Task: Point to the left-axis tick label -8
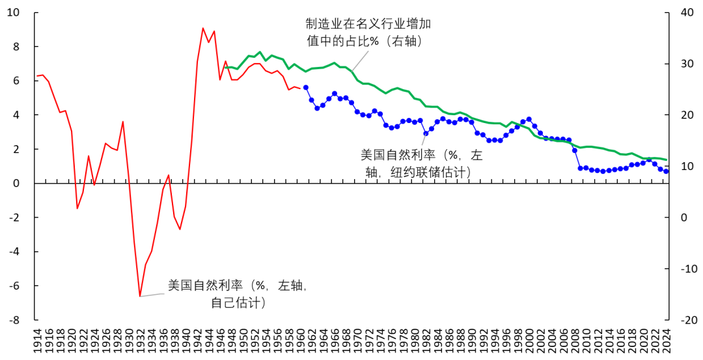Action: [14, 320]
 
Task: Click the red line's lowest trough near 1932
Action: [140, 296]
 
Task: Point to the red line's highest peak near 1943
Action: [202, 28]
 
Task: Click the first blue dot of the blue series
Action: [306, 87]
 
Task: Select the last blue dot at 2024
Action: [666, 171]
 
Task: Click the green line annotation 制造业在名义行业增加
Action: [369, 24]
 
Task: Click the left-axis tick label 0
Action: [17, 184]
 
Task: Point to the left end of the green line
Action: [225, 68]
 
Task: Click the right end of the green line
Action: [667, 159]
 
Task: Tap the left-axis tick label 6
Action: [17, 81]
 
